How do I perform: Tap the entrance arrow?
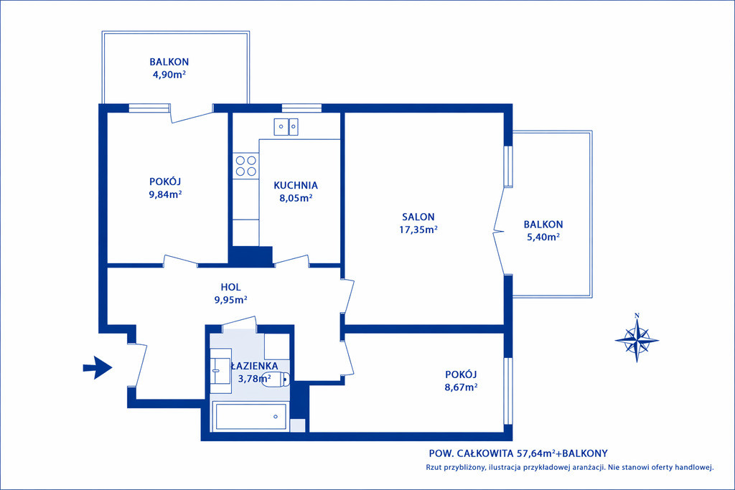tap(98, 368)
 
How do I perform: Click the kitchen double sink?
tap(286, 127)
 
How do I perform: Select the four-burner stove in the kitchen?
tap(246, 166)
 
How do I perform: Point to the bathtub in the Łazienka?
tap(251, 416)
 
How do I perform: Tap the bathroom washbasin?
tap(220, 370)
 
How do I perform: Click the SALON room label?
tap(418, 217)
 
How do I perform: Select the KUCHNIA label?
tap(296, 186)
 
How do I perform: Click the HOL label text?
tap(230, 287)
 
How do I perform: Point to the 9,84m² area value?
tap(166, 194)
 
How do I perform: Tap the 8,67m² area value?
tap(462, 387)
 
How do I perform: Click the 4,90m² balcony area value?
tap(169, 75)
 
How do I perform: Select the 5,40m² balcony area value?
tap(543, 237)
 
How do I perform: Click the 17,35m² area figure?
tap(418, 230)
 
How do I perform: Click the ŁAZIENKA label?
tap(255, 366)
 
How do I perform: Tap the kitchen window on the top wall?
tap(301, 108)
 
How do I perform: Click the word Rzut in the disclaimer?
tap(434, 467)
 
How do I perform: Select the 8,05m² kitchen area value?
tap(296, 198)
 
